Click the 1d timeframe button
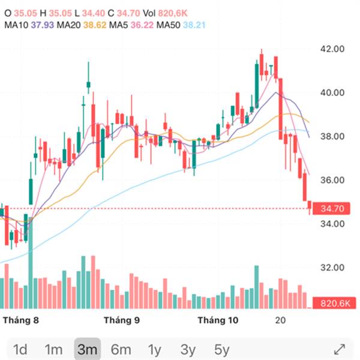tap(20, 349)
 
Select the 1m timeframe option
tap(53, 349)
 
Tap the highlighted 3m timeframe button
tap(87, 349)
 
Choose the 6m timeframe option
tap(121, 349)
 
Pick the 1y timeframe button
tap(155, 349)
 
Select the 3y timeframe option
tap(188, 349)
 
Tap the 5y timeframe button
tap(222, 349)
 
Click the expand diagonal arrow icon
tap(339, 349)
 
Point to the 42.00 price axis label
tap(333, 49)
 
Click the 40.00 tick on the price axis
tap(333, 93)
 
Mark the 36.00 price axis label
tap(333, 180)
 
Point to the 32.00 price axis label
tap(333, 268)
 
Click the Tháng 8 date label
tap(22, 320)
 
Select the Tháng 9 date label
tap(122, 320)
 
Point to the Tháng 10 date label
tap(218, 320)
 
